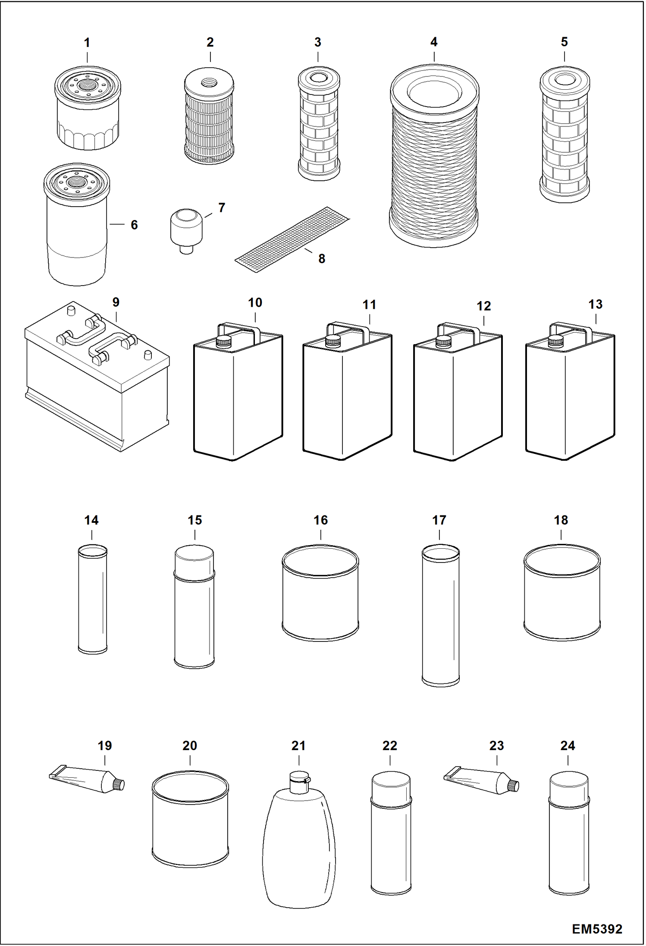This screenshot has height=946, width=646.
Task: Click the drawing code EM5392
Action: coord(597,928)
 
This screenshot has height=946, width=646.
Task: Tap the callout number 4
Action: coord(434,42)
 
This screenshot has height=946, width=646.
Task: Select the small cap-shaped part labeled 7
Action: coord(186,229)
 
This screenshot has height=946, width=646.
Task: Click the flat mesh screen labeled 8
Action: coord(292,240)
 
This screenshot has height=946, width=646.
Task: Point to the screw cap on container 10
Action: coord(224,342)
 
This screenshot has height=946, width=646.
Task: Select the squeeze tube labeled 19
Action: coord(86,779)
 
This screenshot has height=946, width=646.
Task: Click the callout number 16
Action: coord(320,520)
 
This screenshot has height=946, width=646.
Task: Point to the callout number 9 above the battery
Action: coord(116,302)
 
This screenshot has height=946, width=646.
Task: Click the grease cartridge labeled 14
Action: coord(92,600)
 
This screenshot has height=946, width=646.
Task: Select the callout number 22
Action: coord(389,746)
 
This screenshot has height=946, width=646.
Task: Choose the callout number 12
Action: coord(483,306)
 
